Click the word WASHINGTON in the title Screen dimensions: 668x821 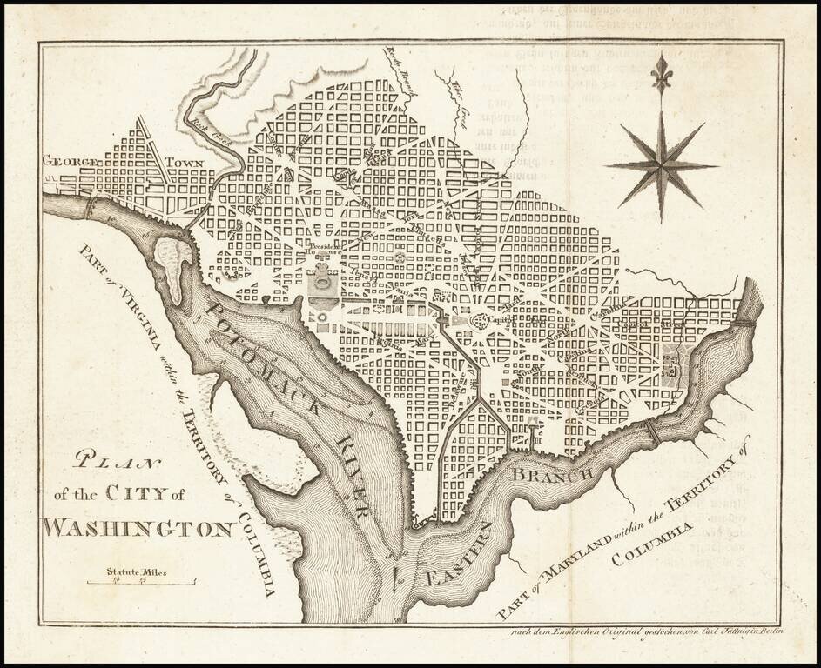pos(138,528)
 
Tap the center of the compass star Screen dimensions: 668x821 pos(662,165)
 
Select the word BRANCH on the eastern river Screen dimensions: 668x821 pos(552,474)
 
